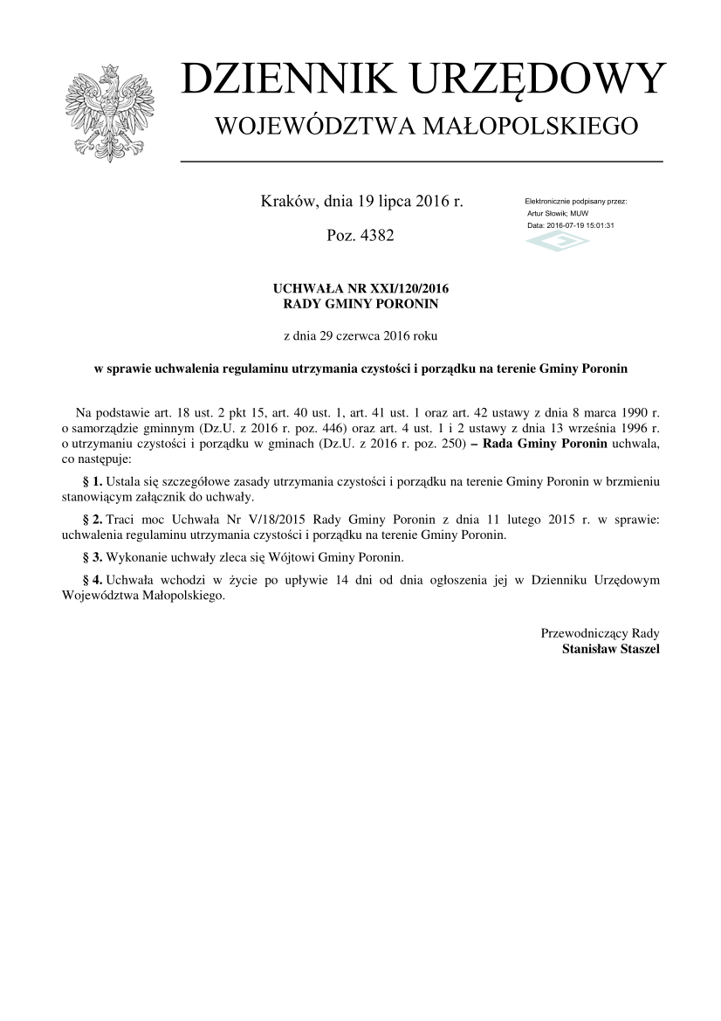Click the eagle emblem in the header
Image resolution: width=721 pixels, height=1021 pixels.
pyautogui.click(x=109, y=112)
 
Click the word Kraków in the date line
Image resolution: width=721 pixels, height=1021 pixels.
pyautogui.click(x=290, y=202)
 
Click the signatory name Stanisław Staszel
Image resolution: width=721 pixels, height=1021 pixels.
pyautogui.click(x=611, y=649)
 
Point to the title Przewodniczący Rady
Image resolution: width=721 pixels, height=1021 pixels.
pyautogui.click(x=601, y=633)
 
